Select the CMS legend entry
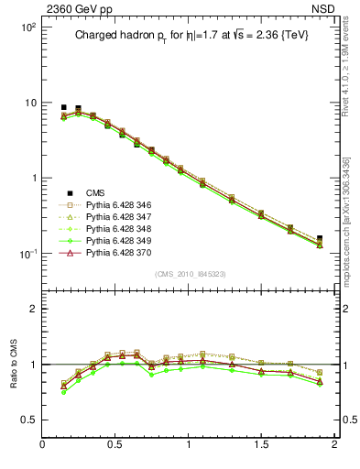[x=95, y=192]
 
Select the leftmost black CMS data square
[x=63, y=107]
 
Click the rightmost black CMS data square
[x=320, y=238]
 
